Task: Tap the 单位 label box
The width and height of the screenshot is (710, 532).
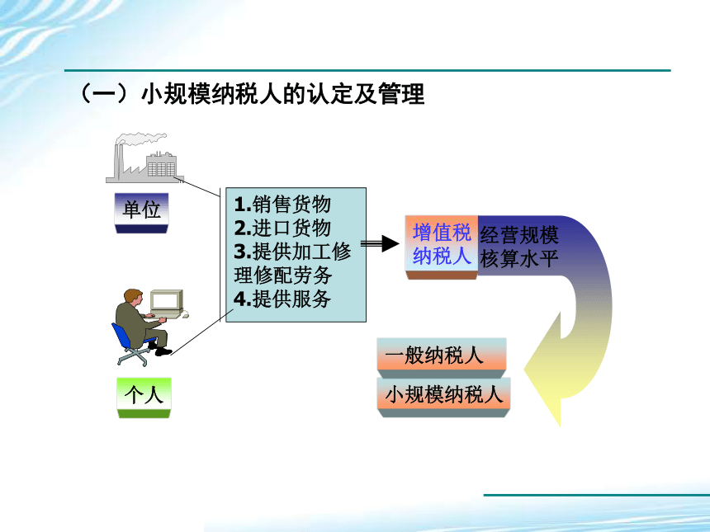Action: click(x=141, y=213)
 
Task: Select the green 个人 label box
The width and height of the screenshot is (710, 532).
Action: click(x=144, y=398)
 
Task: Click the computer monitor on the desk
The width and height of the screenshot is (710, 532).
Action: click(x=167, y=300)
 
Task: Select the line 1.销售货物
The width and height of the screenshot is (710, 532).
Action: click(x=282, y=204)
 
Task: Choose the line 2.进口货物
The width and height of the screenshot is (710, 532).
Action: click(x=282, y=228)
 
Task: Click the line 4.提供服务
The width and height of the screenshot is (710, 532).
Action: click(x=282, y=299)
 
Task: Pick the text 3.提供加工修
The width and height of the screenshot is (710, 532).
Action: click(x=292, y=251)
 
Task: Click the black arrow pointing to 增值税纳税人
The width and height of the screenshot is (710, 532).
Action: click(x=380, y=243)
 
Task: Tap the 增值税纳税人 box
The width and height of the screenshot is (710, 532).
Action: click(x=441, y=247)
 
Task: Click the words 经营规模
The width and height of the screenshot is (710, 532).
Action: click(x=519, y=235)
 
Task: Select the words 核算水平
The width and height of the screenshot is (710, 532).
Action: click(x=519, y=259)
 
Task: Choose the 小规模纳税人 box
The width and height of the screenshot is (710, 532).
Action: click(x=444, y=397)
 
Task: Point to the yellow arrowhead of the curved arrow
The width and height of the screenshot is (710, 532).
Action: click(x=549, y=371)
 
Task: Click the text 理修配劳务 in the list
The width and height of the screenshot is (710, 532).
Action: click(x=283, y=275)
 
